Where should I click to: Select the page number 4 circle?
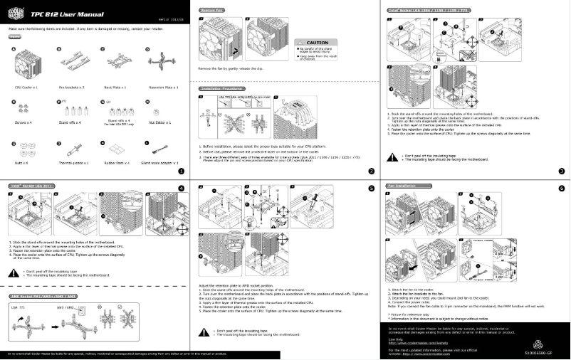[x=181, y=188]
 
